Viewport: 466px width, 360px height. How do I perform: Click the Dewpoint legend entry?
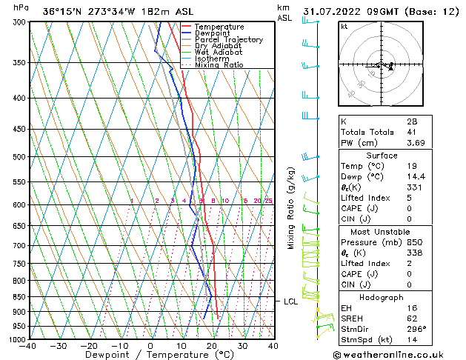[x=212, y=33]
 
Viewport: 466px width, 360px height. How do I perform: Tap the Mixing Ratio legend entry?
[x=219, y=65]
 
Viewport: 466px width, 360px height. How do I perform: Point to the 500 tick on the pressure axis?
[x=19, y=157]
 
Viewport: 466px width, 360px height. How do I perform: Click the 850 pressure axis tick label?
[x=19, y=297]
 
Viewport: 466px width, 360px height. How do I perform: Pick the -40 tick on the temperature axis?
[x=28, y=346]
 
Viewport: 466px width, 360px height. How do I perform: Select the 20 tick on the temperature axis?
[x=212, y=346]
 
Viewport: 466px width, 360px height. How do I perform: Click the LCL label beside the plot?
[x=290, y=301]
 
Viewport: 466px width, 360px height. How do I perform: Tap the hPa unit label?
[x=21, y=7]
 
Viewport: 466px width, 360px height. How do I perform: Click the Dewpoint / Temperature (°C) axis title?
[x=150, y=356]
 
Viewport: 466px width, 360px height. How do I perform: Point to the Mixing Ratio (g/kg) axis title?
[x=292, y=207]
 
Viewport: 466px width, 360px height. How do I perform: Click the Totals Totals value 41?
[x=410, y=132]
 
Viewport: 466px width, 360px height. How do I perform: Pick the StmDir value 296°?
[x=419, y=329]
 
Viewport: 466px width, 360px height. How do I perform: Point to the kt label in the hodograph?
[x=344, y=27]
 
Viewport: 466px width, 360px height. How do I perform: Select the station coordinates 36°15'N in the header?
[x=64, y=12]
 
